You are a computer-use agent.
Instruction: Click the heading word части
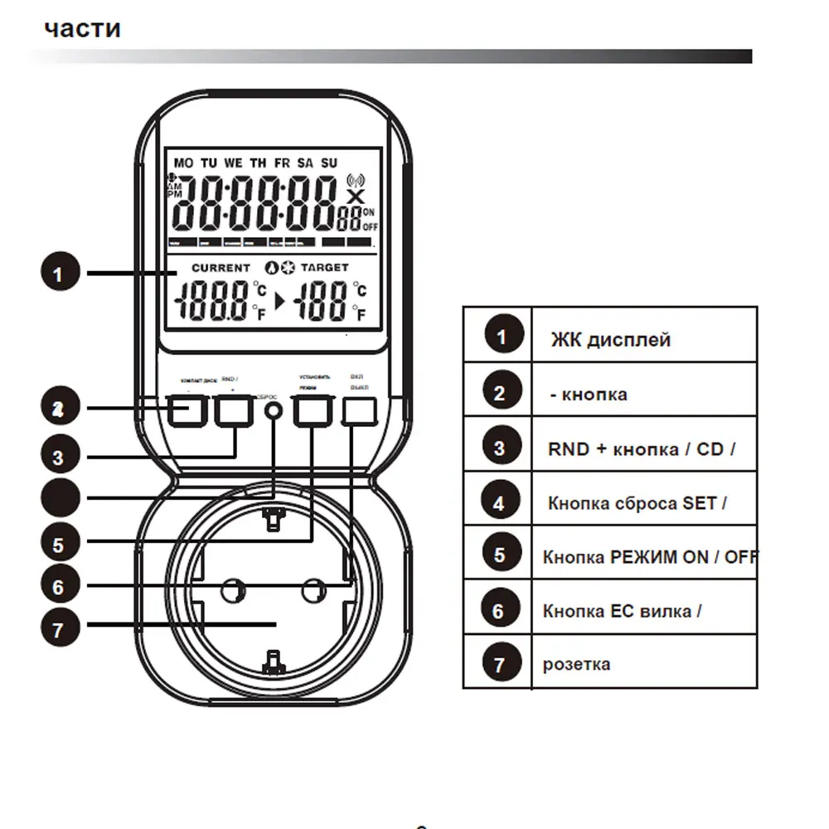coord(82,28)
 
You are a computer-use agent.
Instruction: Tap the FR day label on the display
coord(284,163)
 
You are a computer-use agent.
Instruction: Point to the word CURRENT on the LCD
coord(221,268)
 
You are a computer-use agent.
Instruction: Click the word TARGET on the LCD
coord(324,268)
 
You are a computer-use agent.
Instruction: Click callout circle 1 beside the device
coord(59,274)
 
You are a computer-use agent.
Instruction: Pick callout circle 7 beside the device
coord(59,628)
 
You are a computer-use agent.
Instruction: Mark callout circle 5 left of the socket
coord(59,545)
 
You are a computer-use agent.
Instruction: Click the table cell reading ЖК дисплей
coord(610,339)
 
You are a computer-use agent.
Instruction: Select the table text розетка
coord(577,664)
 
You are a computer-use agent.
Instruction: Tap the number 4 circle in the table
coord(498,502)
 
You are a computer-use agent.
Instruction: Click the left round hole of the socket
coord(231,590)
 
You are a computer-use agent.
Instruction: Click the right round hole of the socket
coord(312,590)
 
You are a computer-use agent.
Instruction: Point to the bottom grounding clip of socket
coord(272,660)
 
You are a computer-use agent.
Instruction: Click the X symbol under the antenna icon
coord(355,197)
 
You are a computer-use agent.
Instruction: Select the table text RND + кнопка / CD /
coord(642,449)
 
